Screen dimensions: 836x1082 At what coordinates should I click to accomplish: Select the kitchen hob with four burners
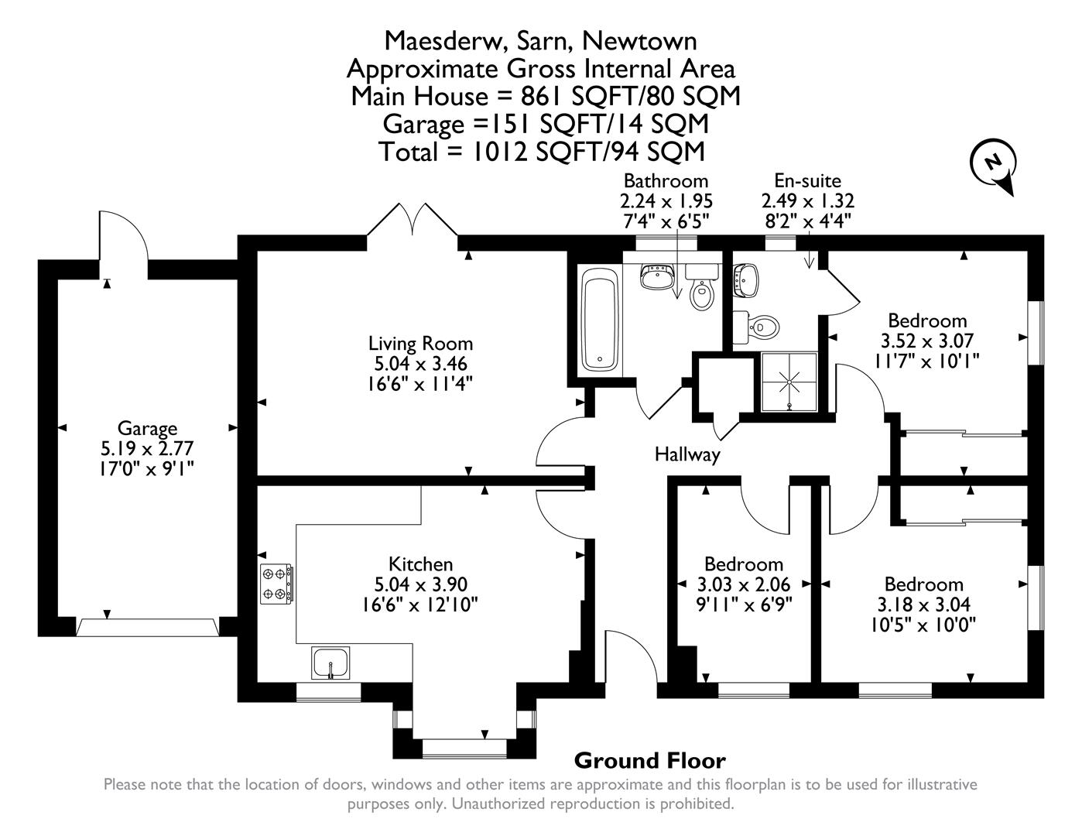(276, 584)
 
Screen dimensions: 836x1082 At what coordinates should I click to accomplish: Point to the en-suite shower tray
(789, 381)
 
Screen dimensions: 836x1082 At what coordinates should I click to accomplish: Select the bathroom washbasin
(659, 276)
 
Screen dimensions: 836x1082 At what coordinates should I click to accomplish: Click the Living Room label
(420, 343)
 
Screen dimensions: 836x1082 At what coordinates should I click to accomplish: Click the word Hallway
(687, 454)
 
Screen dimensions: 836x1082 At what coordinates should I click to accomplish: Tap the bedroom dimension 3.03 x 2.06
(744, 584)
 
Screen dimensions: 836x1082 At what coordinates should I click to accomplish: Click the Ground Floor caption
(649, 761)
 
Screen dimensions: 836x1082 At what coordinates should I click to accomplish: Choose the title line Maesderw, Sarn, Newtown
(540, 40)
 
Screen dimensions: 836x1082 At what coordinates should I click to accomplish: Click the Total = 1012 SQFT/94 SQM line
(542, 151)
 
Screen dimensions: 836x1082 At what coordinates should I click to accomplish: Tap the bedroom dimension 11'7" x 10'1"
(927, 361)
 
